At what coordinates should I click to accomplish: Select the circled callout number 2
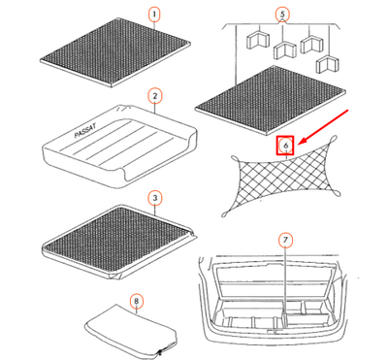(x=154, y=96)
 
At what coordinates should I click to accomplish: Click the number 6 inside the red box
(x=286, y=146)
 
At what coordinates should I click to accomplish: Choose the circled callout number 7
(x=284, y=239)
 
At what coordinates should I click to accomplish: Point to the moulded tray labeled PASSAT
(x=116, y=146)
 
